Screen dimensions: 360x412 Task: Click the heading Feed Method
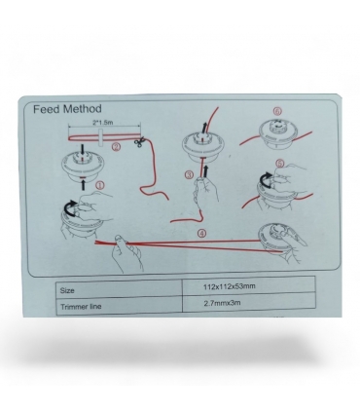click(67, 109)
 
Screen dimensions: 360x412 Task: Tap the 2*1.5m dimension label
click(103, 123)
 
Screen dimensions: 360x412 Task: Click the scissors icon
click(140, 142)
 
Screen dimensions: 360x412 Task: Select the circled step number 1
click(100, 185)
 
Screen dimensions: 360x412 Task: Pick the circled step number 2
click(116, 147)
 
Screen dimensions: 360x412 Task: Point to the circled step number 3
click(189, 175)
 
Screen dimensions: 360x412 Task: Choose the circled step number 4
click(202, 233)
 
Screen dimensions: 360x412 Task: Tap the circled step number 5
click(279, 163)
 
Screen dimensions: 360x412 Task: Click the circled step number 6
click(277, 111)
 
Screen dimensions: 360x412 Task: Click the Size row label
click(67, 290)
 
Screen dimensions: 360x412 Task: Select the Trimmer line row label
click(81, 306)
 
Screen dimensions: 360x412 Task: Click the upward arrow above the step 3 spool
click(204, 128)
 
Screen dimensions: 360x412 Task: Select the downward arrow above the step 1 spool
click(83, 150)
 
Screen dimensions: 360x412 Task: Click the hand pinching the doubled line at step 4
click(126, 252)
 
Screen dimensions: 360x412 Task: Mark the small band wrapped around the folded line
click(101, 137)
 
